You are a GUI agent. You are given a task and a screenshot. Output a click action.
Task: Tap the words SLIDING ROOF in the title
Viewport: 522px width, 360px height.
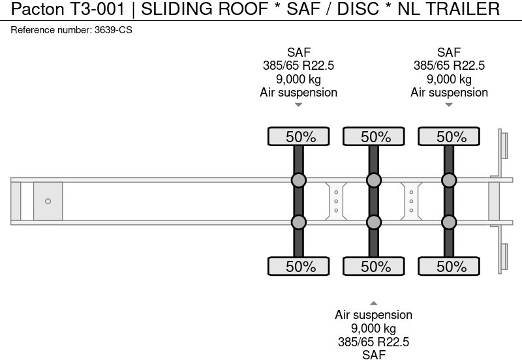coord(204,9)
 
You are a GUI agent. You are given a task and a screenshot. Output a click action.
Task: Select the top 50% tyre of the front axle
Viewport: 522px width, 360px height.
coord(298,136)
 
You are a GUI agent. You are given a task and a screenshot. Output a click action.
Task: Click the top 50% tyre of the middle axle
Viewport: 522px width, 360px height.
coord(373,136)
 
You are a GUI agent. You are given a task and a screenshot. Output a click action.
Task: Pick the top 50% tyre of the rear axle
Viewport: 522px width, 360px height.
coord(449,136)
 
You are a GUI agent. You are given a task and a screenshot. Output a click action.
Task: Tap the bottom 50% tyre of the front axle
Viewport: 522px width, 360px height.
coord(298,266)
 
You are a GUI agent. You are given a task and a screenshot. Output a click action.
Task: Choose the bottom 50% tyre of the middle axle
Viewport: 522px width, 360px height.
coord(373,266)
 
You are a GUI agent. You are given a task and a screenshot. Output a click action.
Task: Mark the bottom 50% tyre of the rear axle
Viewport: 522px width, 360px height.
coord(449,266)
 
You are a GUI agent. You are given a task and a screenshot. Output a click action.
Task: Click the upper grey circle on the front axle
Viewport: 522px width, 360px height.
coord(298,180)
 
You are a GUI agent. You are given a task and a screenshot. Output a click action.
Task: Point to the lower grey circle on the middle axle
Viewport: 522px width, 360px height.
coord(373,222)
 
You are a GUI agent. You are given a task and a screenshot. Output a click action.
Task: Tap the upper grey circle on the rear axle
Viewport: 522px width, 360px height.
coord(449,180)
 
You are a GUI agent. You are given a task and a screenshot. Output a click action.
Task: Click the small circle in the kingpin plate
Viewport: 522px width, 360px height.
coord(48,201)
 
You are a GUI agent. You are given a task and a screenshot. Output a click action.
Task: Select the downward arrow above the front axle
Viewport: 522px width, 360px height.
coord(298,104)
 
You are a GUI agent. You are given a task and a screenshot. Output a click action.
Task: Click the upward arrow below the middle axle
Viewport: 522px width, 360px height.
coord(373,303)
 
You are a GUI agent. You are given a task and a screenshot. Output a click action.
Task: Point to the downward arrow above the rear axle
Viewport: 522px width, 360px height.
coord(449,104)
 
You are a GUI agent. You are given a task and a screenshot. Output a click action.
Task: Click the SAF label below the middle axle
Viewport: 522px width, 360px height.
coord(373,354)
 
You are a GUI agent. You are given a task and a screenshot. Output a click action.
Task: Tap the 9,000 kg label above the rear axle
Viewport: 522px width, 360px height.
coord(449,79)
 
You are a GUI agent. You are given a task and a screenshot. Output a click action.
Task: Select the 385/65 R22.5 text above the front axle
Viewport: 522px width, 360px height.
coord(298,66)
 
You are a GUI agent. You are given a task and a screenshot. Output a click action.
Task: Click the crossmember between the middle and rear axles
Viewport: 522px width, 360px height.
coord(411,201)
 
